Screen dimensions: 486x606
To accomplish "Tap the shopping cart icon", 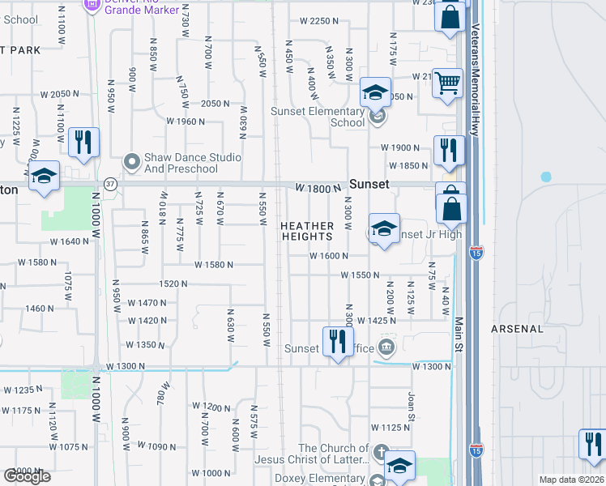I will coord(447,83).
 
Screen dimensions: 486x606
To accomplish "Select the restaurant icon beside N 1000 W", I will coord(83,143).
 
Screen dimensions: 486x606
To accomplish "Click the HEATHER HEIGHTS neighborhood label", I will coord(307,231).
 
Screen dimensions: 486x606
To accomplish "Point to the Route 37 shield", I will coord(111,184).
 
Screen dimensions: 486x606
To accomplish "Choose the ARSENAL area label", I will coord(517,329).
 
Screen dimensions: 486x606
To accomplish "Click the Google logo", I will coord(27,476).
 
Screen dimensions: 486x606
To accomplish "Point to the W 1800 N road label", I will coord(317,188).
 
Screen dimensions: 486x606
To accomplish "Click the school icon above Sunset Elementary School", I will coord(376,92).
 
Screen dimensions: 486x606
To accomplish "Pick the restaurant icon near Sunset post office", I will coord(337,341).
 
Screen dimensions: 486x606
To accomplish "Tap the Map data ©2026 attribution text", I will coord(571,480).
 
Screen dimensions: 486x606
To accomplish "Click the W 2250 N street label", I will coord(318,21).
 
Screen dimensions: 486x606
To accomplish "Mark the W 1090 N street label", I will coord(157,446).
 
